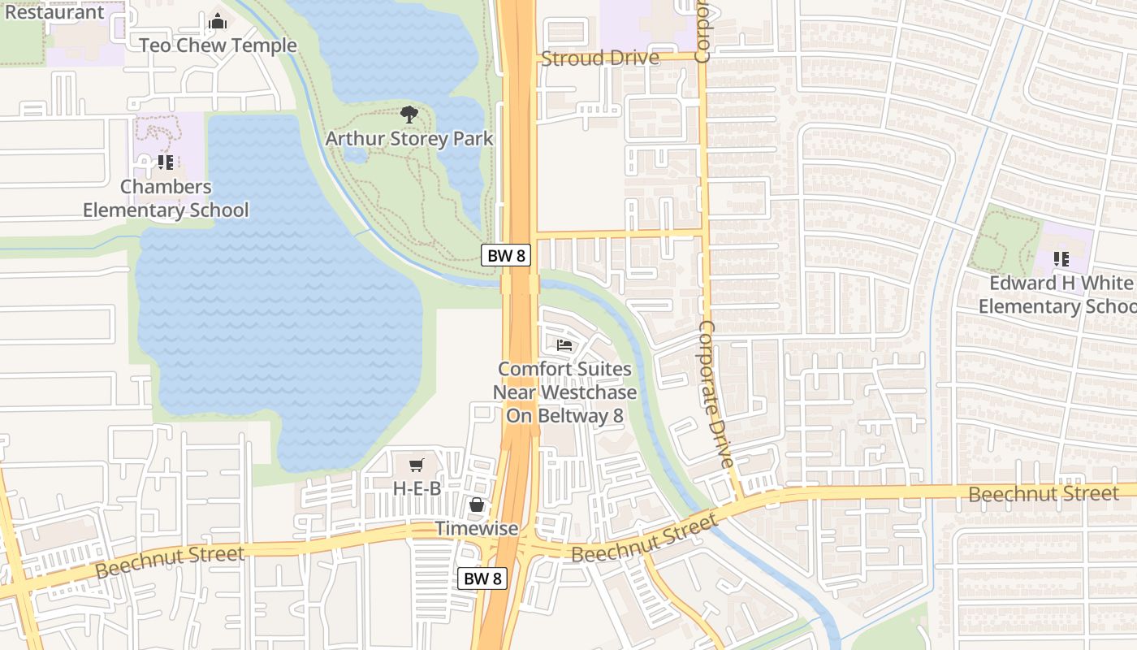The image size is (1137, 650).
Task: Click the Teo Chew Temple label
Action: (218, 45)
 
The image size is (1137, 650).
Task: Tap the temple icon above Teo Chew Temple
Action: (218, 22)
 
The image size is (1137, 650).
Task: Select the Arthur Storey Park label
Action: (409, 138)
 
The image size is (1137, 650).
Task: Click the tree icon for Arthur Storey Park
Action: (409, 115)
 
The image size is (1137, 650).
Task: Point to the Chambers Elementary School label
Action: (166, 198)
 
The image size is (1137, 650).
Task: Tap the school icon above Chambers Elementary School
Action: (166, 162)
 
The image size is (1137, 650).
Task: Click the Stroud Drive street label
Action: (600, 58)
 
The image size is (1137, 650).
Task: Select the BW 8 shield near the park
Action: (506, 255)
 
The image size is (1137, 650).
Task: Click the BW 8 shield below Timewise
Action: (482, 578)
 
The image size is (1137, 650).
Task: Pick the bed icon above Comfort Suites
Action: (564, 345)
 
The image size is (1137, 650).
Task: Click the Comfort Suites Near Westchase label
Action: (565, 392)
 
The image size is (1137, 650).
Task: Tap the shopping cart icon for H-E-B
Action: (417, 466)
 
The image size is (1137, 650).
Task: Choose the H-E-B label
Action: (417, 488)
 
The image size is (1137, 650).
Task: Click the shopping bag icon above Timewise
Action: (477, 505)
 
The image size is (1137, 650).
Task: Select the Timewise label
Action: (477, 528)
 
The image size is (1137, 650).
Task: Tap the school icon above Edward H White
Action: (1061, 259)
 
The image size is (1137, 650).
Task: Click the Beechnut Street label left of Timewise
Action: (169, 562)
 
